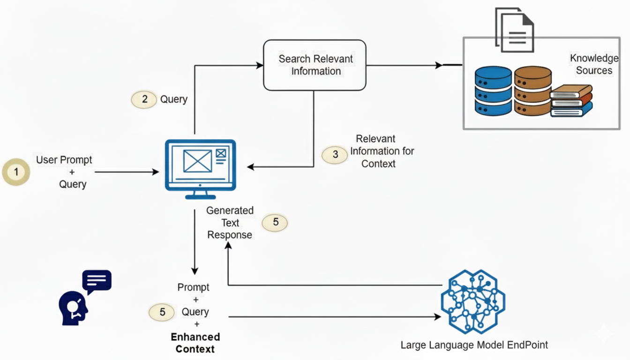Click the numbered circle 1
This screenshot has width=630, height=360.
point(16,172)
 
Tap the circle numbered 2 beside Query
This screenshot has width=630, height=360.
point(144,99)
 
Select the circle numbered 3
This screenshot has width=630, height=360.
point(335,154)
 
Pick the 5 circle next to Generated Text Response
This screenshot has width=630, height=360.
point(275,222)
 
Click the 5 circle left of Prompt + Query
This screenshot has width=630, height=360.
point(162,312)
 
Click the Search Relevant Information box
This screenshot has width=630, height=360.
point(315,65)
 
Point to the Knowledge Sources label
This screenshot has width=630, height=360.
point(594,65)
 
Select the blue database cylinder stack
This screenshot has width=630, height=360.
point(493,91)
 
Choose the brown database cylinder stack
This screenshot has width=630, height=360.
point(532,91)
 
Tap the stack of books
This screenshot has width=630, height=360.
point(571,101)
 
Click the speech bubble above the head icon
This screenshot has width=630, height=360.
point(97,281)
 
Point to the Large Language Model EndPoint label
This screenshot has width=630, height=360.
point(474,345)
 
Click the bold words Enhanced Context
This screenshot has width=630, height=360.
point(195,343)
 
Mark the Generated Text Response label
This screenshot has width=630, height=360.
point(230,223)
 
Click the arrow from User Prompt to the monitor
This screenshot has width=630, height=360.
point(127,172)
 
